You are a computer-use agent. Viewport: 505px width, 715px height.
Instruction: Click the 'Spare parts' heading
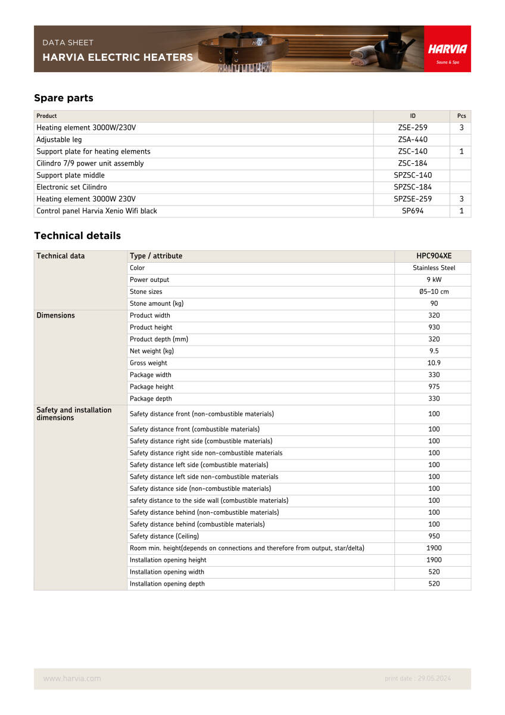[64, 98]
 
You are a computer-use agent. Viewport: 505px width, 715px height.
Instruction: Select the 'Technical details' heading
[77, 236]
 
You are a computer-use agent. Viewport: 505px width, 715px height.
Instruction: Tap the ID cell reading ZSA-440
[413, 139]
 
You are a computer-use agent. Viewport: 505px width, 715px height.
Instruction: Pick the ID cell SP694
[413, 211]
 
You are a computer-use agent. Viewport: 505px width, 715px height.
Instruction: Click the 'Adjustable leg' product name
[59, 139]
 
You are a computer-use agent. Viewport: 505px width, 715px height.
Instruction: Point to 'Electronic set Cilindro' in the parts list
[71, 187]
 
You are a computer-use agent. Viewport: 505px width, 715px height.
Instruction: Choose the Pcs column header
[462, 116]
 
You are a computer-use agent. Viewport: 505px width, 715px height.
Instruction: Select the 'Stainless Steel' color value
[434, 268]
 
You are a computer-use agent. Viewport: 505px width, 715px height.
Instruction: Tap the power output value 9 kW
[434, 280]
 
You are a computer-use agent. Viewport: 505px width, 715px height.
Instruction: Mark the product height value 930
[434, 328]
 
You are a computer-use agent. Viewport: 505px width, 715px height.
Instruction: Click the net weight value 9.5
[434, 352]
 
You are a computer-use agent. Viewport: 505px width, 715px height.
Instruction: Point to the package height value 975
[434, 387]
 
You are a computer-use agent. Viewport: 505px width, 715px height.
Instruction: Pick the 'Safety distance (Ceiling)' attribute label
[164, 536]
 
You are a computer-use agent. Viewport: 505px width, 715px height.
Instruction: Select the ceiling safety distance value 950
[434, 536]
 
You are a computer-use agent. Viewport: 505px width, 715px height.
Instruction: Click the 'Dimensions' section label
[55, 316]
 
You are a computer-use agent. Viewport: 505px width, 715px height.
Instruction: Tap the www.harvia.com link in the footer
[72, 679]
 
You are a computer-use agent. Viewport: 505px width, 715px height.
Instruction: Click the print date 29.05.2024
[418, 679]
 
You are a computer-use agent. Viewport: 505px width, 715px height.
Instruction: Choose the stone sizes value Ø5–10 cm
[434, 292]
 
